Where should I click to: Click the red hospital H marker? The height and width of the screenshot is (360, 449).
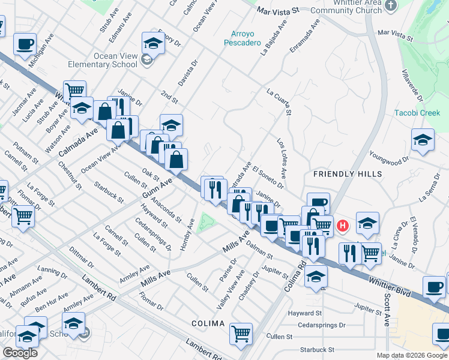[x=342, y=226]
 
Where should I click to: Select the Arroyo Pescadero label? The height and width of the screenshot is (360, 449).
[x=243, y=38]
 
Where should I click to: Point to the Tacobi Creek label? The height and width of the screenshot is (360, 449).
[x=417, y=113]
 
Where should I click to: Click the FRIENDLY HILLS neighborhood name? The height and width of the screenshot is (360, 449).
[x=348, y=174]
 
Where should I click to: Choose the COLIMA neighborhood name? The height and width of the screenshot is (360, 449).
[x=208, y=323]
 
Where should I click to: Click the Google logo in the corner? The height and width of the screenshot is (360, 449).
[x=20, y=353]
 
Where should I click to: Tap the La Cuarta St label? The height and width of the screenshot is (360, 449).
[x=279, y=101]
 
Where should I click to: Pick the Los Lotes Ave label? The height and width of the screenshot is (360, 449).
[x=281, y=155]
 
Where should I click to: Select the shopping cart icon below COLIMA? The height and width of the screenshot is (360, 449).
[x=241, y=333]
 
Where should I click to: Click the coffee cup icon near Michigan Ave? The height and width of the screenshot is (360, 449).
[x=25, y=44]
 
